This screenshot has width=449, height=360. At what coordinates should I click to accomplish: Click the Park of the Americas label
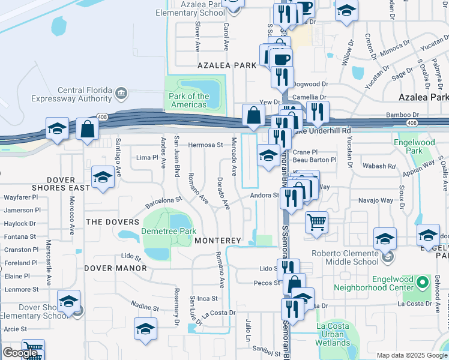pyautogui.click(x=189, y=100)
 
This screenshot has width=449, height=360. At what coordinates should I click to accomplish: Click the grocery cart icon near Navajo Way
pyautogui.click(x=316, y=222)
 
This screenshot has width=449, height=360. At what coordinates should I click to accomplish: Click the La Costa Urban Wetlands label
pyautogui.click(x=333, y=335)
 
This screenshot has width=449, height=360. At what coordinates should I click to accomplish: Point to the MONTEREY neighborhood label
pyautogui.click(x=217, y=241)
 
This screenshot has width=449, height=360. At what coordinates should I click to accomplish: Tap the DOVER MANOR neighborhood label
pyautogui.click(x=115, y=268)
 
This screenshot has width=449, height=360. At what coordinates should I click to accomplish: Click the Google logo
pyautogui.click(x=20, y=353)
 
